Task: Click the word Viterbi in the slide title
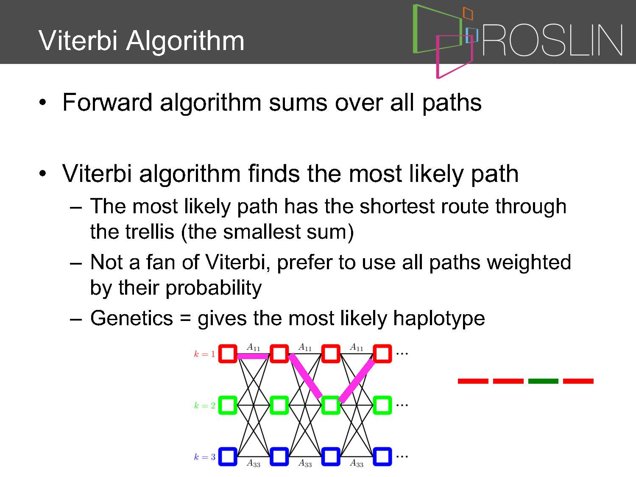coord(78,40)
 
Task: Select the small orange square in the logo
coord(468,13)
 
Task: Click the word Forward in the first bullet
coord(107,102)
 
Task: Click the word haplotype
coord(439,319)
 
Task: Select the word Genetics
coord(131,318)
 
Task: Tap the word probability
coord(214,288)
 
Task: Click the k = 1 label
coord(204,354)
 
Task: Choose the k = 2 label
coord(204,405)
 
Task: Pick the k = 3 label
coord(204,457)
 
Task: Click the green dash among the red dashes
coord(543,381)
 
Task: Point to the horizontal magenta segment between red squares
coord(253,356)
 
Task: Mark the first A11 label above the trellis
coord(253,347)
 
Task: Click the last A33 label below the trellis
coord(357,463)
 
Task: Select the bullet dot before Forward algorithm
coord(42,102)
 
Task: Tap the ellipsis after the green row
coord(402,405)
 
